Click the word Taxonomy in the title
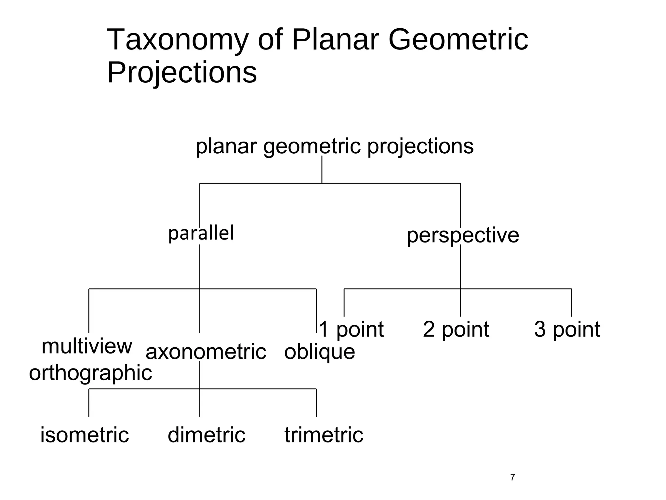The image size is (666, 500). point(177,40)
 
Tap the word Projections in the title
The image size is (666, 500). point(182,73)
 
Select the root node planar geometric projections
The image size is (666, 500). point(334,146)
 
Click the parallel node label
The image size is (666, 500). point(201,233)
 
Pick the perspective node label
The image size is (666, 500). point(462,235)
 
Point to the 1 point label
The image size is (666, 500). point(351,329)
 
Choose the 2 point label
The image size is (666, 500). point(456,329)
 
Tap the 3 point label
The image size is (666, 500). point(567,329)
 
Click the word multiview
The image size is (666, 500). point(87,346)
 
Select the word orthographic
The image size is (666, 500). point(90,373)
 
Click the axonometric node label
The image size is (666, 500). point(206,352)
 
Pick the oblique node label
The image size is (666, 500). point(320,352)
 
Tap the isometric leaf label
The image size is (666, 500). point(85,435)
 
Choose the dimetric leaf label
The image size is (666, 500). point(206,435)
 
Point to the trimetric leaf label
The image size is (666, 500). point(324,435)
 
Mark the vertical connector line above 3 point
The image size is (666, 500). point(571,303)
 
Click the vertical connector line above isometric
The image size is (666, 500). point(89,403)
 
